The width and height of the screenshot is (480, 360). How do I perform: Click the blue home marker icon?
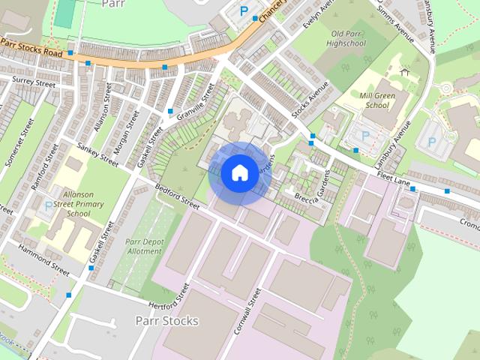point(239,172)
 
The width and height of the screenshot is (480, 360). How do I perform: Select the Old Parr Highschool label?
point(347,39)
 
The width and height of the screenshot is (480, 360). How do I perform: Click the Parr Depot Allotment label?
point(143,247)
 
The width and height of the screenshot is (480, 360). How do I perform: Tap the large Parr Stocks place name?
point(166,320)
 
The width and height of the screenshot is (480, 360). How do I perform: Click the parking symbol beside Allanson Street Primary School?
point(49,205)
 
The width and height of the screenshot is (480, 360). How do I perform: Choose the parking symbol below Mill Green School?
point(365,136)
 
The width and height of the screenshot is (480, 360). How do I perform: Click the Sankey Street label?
point(98,153)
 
